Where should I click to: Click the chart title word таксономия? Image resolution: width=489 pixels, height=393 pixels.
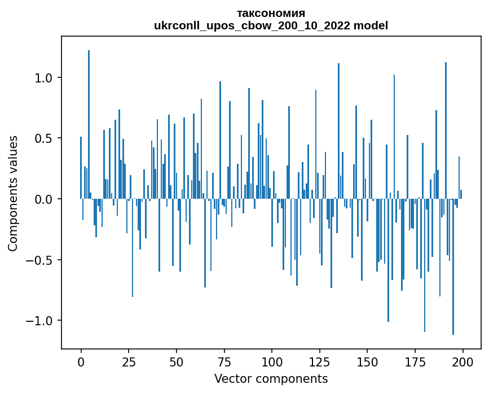click(x=271, y=14)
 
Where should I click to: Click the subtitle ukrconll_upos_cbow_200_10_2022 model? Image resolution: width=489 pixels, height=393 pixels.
click(x=271, y=25)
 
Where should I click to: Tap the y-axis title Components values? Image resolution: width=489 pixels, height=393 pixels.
click(x=13, y=193)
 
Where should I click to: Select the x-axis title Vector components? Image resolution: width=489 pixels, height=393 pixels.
click(x=271, y=378)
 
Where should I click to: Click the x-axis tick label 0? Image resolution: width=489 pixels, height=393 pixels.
click(x=81, y=361)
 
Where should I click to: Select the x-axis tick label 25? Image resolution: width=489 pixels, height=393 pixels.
click(x=129, y=361)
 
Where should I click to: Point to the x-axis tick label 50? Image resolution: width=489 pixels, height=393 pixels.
click(x=177, y=361)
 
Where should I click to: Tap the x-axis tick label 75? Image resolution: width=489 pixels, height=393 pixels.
click(x=224, y=361)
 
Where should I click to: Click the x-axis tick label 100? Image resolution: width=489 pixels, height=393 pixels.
click(x=272, y=361)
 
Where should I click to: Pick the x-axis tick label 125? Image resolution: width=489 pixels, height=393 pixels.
click(x=320, y=361)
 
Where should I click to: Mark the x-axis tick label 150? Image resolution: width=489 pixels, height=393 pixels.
click(x=367, y=361)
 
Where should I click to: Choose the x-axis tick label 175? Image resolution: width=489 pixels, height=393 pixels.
click(x=415, y=361)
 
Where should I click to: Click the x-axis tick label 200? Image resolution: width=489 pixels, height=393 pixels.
click(x=463, y=361)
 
